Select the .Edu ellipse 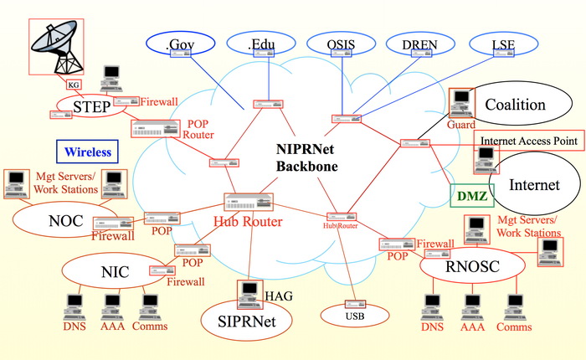coord(265,44)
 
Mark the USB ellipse coord(356,316)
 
